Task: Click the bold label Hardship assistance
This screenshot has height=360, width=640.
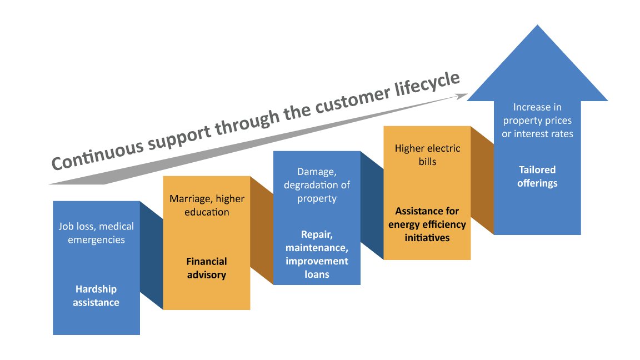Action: pyautogui.click(x=96, y=296)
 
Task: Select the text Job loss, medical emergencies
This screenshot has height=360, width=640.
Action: pyautogui.click(x=96, y=233)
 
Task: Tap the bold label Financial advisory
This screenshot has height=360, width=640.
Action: pyautogui.click(x=207, y=268)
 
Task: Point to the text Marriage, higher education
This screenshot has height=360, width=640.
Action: pyautogui.click(x=207, y=206)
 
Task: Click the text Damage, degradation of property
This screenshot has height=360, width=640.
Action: pyautogui.click(x=317, y=185)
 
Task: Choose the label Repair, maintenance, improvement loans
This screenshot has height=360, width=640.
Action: pyautogui.click(x=317, y=254)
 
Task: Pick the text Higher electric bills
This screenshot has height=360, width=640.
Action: pyautogui.click(x=427, y=155)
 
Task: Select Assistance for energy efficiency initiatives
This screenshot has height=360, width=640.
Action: pyautogui.click(x=427, y=224)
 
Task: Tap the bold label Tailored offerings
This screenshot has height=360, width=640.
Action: pyautogui.click(x=537, y=176)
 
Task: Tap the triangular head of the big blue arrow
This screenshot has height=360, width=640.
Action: pyautogui.click(x=537, y=67)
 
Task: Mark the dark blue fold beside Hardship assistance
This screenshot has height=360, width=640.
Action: pyautogui.click(x=151, y=255)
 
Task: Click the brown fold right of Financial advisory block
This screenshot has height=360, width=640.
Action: pyautogui.click(x=262, y=231)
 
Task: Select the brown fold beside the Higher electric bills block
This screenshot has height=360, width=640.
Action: pyautogui.click(x=482, y=181)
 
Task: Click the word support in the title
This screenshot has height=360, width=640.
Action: pyautogui.click(x=176, y=136)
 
